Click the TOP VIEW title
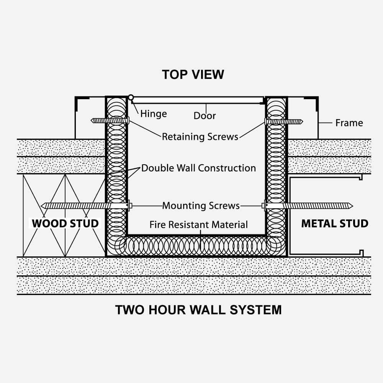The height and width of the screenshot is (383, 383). click(193, 74)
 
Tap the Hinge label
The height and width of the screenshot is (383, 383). click(153, 114)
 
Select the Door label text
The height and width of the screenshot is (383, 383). click(205, 116)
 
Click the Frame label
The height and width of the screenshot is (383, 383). click(349, 123)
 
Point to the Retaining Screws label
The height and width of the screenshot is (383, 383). click(200, 137)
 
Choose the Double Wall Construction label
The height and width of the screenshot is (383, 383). click(198, 168)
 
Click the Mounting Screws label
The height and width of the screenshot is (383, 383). click(201, 206)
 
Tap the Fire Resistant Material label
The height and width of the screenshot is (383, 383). click(198, 225)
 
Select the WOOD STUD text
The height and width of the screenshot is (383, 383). click(65, 223)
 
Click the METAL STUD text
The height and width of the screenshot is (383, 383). click(335, 223)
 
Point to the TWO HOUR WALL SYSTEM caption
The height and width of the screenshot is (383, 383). click(198, 309)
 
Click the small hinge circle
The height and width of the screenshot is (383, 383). click(131, 98)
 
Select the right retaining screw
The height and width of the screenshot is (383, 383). click(283, 122)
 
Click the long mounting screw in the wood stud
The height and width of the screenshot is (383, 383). click(84, 206)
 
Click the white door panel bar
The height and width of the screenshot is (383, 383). click(197, 100)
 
